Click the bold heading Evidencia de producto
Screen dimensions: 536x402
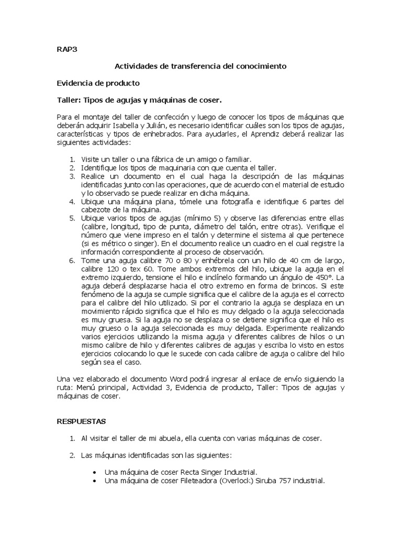98,83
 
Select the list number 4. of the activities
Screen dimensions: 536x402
72,202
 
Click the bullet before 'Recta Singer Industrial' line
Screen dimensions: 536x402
94,472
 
